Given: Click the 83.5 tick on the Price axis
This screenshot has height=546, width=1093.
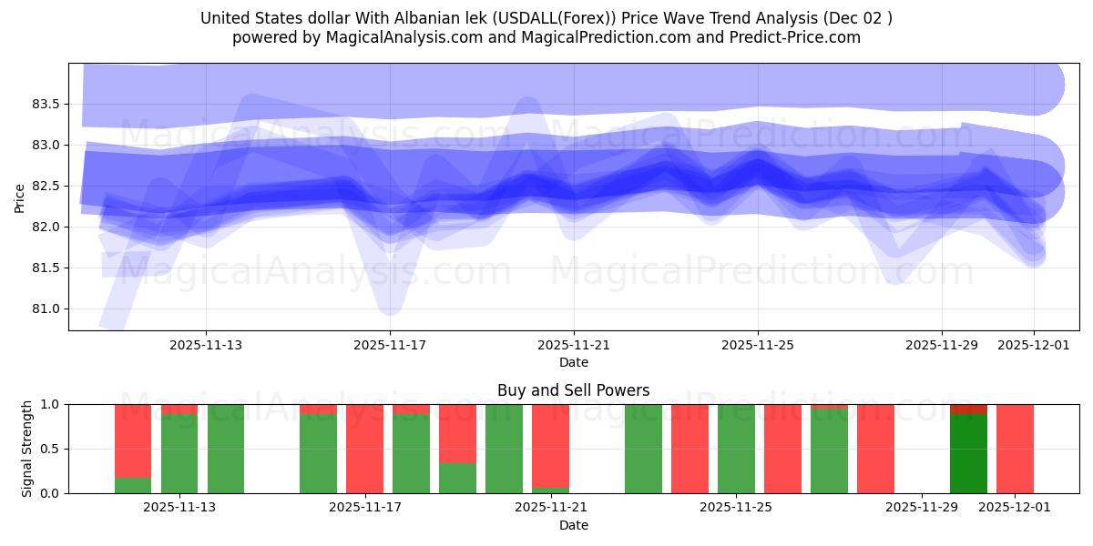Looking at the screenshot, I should pyautogui.click(x=45, y=104).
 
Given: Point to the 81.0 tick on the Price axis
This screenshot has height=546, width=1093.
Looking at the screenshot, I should pyautogui.click(x=45, y=308).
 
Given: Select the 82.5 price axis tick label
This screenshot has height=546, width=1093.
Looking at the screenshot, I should pyautogui.click(x=45, y=186).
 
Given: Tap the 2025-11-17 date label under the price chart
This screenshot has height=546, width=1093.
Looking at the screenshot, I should pyautogui.click(x=390, y=345).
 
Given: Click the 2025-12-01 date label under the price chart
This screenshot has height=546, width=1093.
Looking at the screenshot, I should pyautogui.click(x=1033, y=345).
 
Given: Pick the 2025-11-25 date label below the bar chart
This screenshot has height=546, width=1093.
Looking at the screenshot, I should pyautogui.click(x=735, y=508).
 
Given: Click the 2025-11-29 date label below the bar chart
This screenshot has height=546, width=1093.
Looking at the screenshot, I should pyautogui.click(x=922, y=508).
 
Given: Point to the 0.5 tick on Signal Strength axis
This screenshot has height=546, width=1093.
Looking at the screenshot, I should pyautogui.click(x=51, y=449).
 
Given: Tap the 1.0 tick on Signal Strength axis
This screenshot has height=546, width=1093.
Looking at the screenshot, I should pyautogui.click(x=51, y=404).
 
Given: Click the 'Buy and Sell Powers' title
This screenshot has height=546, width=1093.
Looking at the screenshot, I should pyautogui.click(x=573, y=390).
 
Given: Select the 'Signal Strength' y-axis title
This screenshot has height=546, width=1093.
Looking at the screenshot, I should pyautogui.click(x=27, y=449).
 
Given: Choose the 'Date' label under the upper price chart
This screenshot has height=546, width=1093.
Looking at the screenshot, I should pyautogui.click(x=573, y=362).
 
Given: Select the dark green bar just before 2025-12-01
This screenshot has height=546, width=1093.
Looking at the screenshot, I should pyautogui.click(x=968, y=453).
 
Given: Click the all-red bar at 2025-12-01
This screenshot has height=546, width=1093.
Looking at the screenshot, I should pyautogui.click(x=1015, y=449).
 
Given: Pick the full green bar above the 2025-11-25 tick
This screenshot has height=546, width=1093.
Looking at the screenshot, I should pyautogui.click(x=736, y=449).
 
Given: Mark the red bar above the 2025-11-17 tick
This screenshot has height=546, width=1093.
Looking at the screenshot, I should pyautogui.click(x=364, y=449).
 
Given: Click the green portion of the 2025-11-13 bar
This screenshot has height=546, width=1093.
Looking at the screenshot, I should pyautogui.click(x=179, y=453).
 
